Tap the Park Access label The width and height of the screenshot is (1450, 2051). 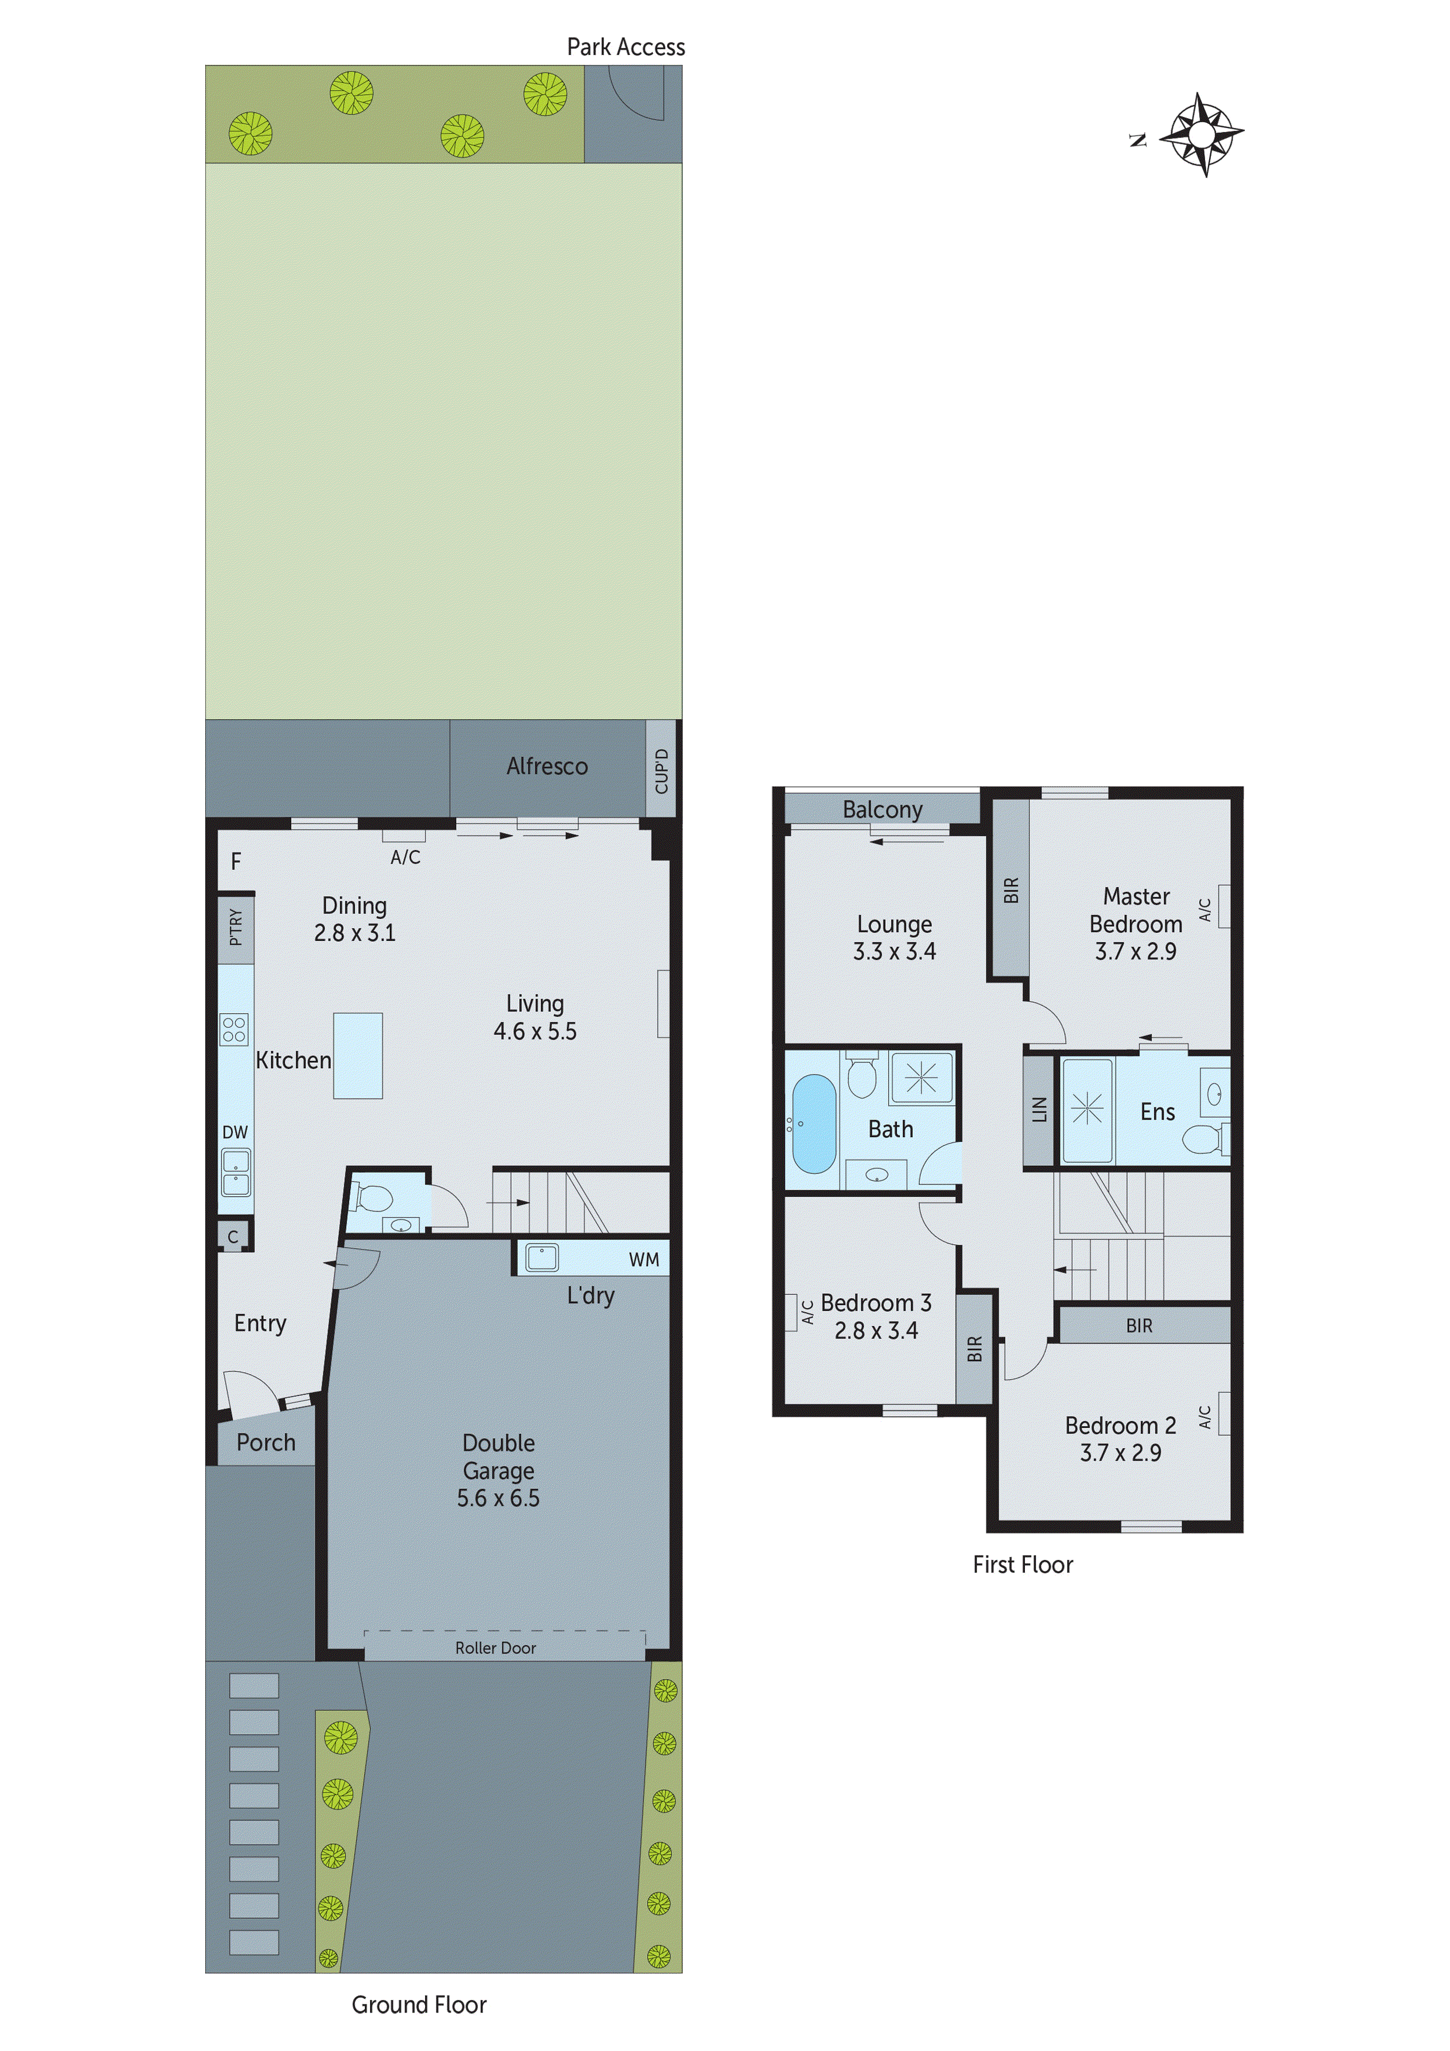pos(626,47)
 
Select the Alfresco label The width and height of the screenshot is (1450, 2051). pos(547,766)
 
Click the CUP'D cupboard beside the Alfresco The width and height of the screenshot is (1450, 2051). pos(661,770)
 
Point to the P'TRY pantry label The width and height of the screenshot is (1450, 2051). pos(236,927)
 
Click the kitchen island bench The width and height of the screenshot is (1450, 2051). pos(358,1055)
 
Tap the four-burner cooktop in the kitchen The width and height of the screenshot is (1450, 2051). pos(234,1029)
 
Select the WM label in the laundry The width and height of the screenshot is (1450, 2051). pos(643,1259)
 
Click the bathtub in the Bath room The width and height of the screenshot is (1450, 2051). pos(814,1123)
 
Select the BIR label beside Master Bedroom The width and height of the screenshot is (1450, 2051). pos(1010,890)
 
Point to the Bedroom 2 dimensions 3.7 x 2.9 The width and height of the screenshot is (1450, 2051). pos(1120,1452)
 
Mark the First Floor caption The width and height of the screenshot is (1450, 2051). pos(1022,1564)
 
